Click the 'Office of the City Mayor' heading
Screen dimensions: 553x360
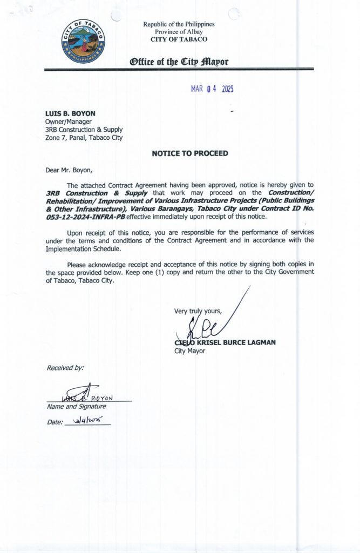tap(179, 62)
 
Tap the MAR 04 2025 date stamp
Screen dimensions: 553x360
tap(212, 90)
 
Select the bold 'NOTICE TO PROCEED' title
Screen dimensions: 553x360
tap(190, 153)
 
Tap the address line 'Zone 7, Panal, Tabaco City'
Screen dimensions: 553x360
tap(84, 137)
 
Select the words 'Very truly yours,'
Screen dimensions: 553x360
tap(198, 311)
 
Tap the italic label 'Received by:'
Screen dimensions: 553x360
tap(65, 368)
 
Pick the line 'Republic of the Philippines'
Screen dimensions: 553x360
tap(179, 24)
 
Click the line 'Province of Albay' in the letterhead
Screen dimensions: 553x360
tap(179, 32)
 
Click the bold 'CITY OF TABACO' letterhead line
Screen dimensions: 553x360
tap(179, 39)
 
